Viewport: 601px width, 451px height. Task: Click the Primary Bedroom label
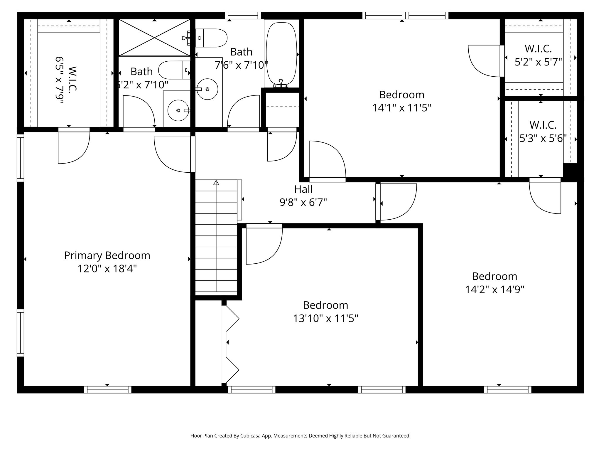(x=107, y=255)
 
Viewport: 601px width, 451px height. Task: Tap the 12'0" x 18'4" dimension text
(x=107, y=269)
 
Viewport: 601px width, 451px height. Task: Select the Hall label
(x=303, y=189)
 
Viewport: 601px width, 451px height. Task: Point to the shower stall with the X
(x=154, y=37)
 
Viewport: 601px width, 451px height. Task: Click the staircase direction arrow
(x=216, y=183)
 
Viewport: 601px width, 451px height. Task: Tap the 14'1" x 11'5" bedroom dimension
(x=402, y=108)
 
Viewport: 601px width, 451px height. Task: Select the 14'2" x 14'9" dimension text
(x=494, y=290)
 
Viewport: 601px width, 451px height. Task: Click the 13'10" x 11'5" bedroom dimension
(x=325, y=318)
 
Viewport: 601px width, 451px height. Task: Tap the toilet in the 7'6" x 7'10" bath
(x=211, y=38)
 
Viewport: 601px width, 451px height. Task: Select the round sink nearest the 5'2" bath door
(x=178, y=110)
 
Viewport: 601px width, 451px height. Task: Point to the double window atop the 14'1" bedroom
(x=405, y=16)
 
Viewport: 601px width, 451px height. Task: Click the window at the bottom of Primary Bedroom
(x=108, y=390)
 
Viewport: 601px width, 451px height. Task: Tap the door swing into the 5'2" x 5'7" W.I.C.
(x=484, y=61)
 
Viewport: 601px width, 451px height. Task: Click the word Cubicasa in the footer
(x=251, y=436)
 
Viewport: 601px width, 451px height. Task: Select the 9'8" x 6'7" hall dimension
(x=303, y=203)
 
